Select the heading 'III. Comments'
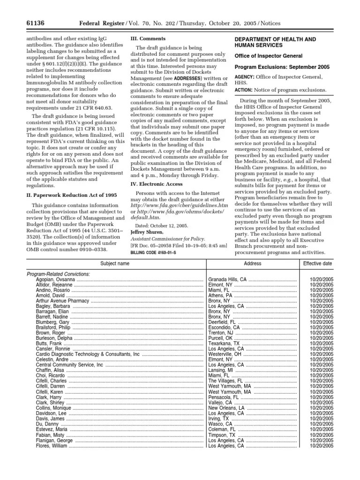click(147, 38)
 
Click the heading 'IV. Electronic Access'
click(157, 184)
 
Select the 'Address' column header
click(253, 264)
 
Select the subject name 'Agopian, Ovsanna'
click(55, 280)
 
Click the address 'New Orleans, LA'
click(226, 408)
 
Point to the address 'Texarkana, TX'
click(224, 344)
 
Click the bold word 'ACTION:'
click(244, 90)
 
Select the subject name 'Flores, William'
click(52, 445)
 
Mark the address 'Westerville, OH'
click(225, 354)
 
